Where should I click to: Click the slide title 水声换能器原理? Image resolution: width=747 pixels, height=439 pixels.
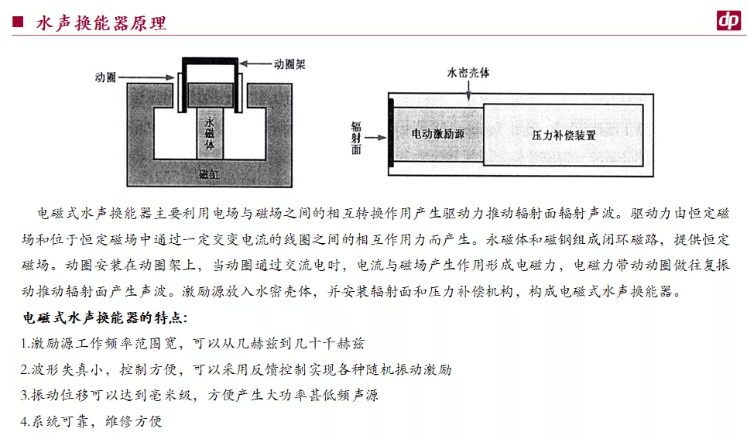tap(101, 23)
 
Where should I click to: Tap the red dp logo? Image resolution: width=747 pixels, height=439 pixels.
tap(728, 21)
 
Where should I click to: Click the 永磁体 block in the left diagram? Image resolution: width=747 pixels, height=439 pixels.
tap(209, 134)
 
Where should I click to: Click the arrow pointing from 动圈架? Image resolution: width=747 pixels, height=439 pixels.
tap(256, 65)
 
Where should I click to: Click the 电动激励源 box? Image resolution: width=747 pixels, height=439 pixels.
tap(437, 134)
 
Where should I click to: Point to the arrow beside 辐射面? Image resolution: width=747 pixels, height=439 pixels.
tap(376, 138)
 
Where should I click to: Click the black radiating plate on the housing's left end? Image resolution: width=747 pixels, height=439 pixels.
tap(392, 132)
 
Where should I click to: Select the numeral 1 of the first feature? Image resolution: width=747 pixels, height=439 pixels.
tap(26, 344)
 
